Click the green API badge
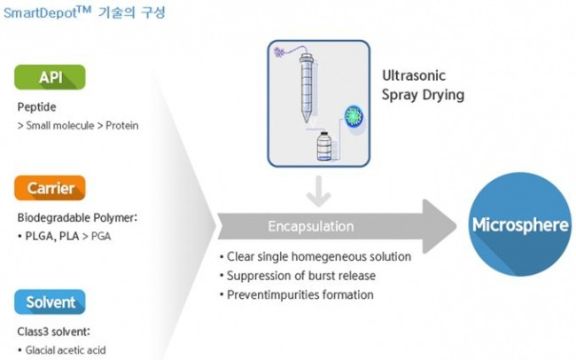50,77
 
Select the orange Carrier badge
50,187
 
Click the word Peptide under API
36,107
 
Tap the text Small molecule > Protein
77,125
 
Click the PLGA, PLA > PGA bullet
66,237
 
